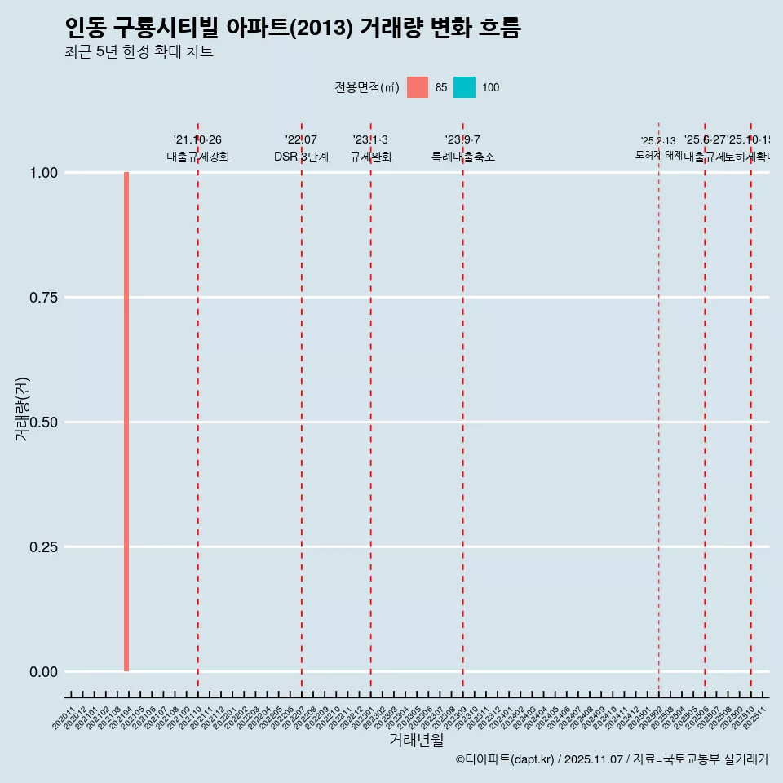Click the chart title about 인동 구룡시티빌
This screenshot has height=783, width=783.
(292, 28)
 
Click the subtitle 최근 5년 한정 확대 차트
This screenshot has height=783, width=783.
(139, 52)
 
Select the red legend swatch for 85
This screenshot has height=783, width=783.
(418, 87)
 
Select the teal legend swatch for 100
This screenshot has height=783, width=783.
(464, 87)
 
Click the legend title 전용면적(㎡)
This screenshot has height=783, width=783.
(366, 87)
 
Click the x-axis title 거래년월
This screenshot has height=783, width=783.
(417, 741)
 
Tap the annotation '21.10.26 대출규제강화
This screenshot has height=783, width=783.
(198, 148)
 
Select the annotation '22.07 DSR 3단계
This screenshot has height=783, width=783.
(301, 148)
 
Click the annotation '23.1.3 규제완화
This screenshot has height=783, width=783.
(370, 148)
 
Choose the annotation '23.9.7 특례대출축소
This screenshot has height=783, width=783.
(462, 148)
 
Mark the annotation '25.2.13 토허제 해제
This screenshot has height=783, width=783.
(658, 148)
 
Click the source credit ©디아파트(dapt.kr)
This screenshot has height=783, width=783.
(505, 759)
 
